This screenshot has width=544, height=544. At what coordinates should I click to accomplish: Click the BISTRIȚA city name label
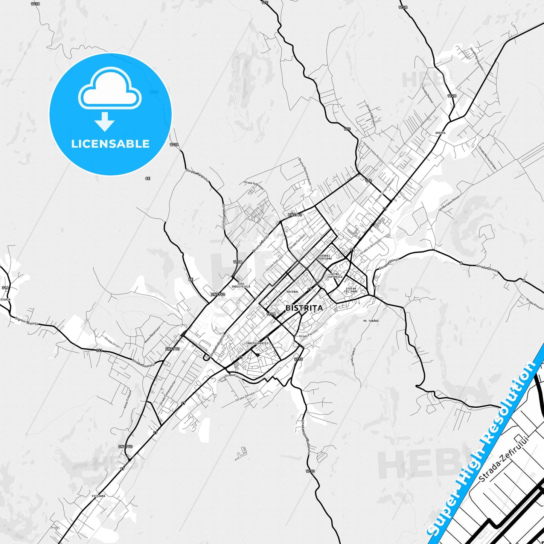(304, 308)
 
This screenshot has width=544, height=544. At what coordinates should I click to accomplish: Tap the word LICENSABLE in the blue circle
(110, 144)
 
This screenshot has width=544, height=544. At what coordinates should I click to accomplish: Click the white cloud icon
(110, 89)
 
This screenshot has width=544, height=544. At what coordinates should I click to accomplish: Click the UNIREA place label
(440, 133)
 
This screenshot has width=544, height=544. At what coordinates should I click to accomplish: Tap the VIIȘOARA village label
(98, 496)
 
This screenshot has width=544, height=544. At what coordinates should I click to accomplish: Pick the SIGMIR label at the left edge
(6, 300)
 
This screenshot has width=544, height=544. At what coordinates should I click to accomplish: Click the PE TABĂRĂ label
(371, 321)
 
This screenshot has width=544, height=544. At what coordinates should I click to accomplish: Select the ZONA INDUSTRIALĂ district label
(241, 285)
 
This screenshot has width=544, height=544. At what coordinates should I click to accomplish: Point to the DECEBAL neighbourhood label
(293, 292)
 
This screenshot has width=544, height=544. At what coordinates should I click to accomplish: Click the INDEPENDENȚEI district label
(257, 343)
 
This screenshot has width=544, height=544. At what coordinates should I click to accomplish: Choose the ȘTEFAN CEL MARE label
(351, 290)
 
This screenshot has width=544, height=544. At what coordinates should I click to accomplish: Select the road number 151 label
(99, 350)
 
